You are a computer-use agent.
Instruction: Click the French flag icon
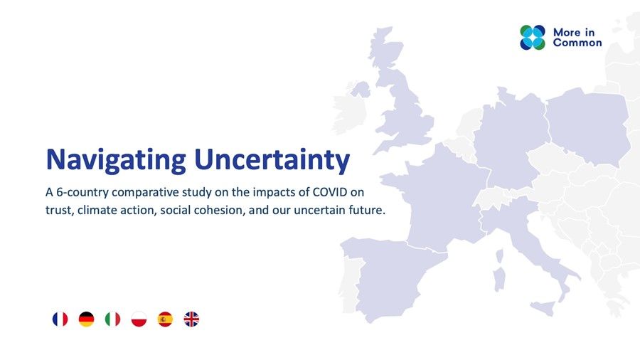(60, 319)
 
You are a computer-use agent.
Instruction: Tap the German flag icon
(86, 319)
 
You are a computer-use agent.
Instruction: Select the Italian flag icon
(112, 319)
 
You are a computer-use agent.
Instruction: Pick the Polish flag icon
(139, 319)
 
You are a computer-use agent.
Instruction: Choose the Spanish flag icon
(165, 319)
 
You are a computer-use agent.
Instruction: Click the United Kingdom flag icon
(191, 319)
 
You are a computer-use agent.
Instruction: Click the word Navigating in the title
(117, 160)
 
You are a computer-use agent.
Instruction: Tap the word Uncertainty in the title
(272, 160)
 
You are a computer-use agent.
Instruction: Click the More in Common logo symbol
(532, 38)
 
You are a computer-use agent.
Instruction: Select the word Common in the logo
(577, 43)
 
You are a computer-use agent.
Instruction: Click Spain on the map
(388, 277)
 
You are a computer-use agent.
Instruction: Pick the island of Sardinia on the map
(499, 279)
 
